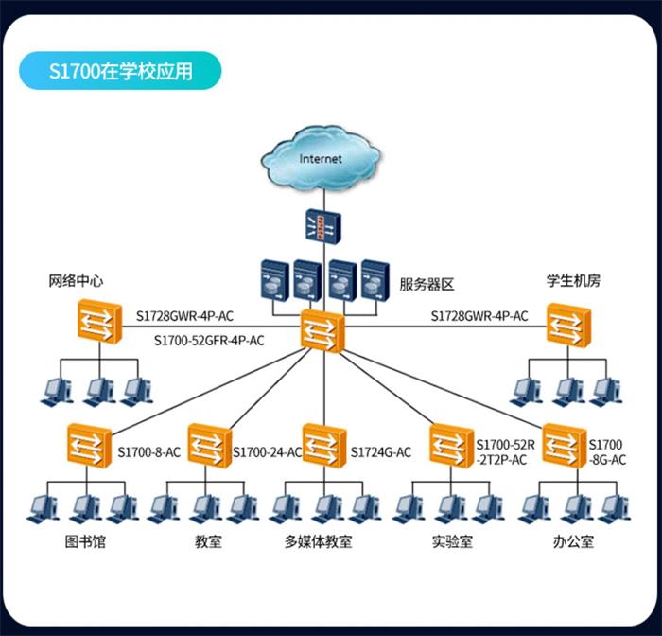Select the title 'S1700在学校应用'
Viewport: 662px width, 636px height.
click(x=120, y=71)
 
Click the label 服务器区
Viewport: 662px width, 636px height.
click(x=427, y=283)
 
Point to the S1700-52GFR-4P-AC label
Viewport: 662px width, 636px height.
click(x=209, y=339)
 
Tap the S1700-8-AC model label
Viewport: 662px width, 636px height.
click(x=148, y=452)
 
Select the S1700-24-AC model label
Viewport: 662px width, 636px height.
click(x=267, y=452)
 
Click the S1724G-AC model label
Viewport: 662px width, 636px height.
click(x=381, y=452)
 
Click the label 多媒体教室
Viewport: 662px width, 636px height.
click(x=319, y=542)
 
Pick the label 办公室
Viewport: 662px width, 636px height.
click(x=573, y=542)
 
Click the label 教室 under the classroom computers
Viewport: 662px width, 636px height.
click(x=209, y=542)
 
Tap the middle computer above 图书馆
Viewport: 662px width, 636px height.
click(x=83, y=507)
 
